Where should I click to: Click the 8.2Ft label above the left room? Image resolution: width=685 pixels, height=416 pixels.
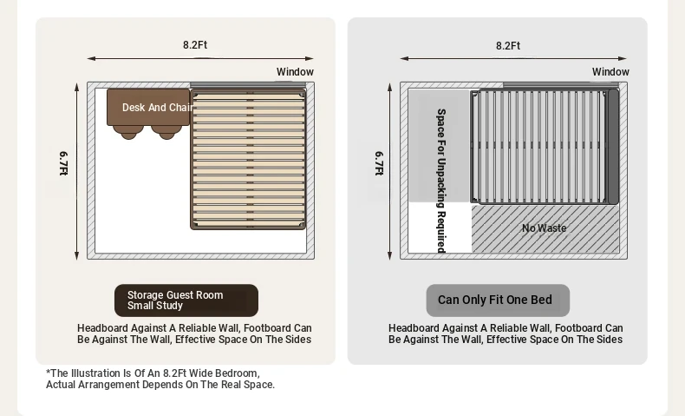pos(195,45)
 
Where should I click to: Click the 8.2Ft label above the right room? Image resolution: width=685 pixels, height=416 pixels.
pos(507,46)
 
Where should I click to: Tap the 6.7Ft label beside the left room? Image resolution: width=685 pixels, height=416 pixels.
pos(63,163)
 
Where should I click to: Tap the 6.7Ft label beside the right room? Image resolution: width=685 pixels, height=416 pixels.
pos(379,163)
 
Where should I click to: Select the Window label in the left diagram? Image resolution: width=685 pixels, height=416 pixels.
pos(295,72)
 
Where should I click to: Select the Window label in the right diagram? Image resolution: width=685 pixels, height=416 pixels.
pos(610,72)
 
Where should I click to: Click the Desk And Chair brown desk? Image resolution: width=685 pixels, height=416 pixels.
pos(148,107)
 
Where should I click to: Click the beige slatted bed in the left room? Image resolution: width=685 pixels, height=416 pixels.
pos(248,160)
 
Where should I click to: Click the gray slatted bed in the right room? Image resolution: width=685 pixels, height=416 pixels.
pos(545,147)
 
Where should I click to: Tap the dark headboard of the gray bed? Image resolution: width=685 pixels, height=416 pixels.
pos(613,147)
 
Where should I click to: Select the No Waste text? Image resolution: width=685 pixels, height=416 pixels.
pos(545,228)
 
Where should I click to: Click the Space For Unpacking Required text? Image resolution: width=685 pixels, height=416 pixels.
pos(441,181)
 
